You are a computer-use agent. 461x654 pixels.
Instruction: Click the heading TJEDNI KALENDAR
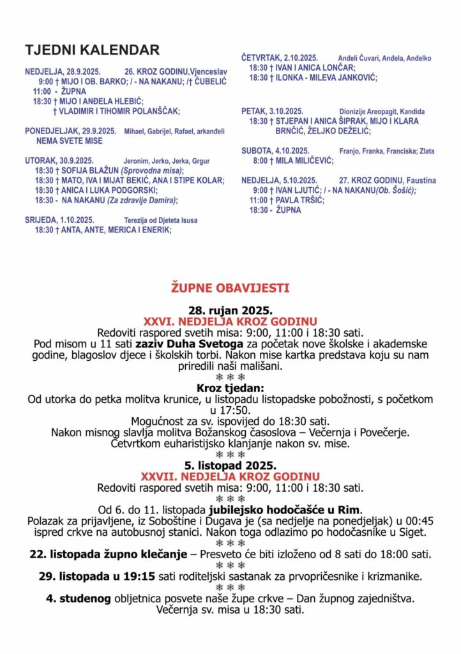pyautogui.click(x=92, y=50)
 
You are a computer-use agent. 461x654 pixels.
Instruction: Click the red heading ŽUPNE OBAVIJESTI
pyautogui.click(x=230, y=288)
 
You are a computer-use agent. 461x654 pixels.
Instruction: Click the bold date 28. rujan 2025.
pyautogui.click(x=230, y=310)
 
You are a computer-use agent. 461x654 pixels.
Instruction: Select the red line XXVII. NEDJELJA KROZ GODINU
pyautogui.click(x=230, y=476)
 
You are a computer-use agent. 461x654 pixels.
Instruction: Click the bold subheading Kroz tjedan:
pyautogui.click(x=230, y=388)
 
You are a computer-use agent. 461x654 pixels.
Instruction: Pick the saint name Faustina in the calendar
pyautogui.click(x=418, y=180)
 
